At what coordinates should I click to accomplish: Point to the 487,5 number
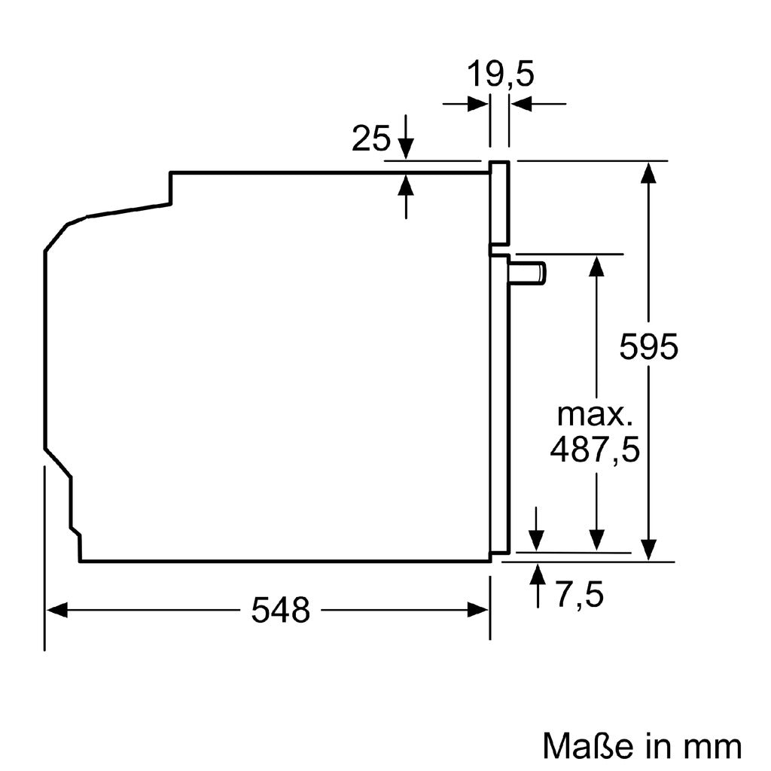click(595, 449)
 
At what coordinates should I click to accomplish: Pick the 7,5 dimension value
click(580, 596)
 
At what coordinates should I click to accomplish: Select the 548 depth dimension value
click(280, 610)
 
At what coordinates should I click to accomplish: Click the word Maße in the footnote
click(584, 746)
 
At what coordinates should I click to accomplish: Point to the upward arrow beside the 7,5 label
click(538, 574)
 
